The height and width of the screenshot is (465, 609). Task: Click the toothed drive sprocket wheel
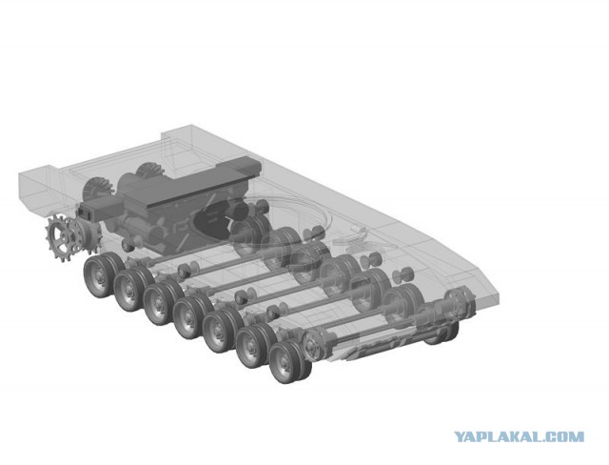[x=64, y=238]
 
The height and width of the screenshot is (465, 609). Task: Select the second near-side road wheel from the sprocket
[x=129, y=290]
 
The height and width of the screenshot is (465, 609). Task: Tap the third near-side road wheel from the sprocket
[x=159, y=303]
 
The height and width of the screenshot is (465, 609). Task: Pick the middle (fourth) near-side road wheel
[x=188, y=317]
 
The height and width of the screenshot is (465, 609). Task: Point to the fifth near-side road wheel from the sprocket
[x=218, y=331]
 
